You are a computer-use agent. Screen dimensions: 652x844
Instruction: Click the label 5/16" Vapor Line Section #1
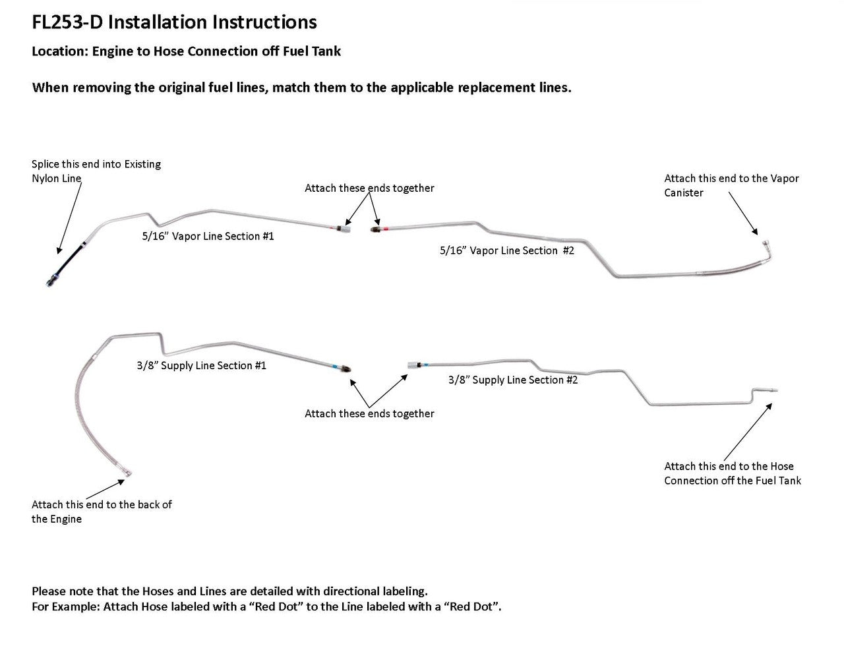point(208,236)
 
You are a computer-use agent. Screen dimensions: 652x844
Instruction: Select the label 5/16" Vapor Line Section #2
point(506,251)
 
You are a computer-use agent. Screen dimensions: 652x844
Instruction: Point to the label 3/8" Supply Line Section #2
point(512,380)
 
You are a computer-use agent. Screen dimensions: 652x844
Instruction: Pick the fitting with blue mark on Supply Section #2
point(413,363)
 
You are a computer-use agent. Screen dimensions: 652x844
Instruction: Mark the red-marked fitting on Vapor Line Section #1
point(343,228)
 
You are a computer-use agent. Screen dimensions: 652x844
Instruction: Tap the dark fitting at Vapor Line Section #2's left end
point(376,229)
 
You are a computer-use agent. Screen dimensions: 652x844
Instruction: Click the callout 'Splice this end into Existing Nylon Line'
point(96,171)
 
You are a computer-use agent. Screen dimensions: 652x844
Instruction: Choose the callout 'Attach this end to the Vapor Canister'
point(731,185)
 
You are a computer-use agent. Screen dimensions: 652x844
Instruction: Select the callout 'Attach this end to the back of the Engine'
point(101,512)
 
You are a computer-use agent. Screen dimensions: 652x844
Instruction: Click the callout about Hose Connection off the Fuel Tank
point(732,473)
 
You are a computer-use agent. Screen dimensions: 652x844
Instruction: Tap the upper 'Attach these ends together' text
point(369,189)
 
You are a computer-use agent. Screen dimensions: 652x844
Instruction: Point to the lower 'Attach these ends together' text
point(369,414)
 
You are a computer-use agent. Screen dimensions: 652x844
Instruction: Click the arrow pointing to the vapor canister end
point(743,212)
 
